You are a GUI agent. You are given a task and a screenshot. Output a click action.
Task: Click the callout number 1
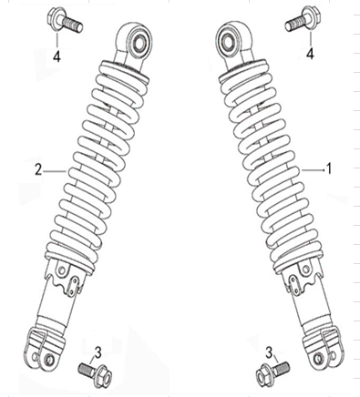[330, 169]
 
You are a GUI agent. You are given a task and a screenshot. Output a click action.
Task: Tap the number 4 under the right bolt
[309, 55]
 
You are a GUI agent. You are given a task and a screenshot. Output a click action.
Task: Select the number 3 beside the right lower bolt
[269, 351]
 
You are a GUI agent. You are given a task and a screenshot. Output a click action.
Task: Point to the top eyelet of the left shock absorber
[137, 40]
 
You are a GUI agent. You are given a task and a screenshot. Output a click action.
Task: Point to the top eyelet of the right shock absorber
[230, 42]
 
